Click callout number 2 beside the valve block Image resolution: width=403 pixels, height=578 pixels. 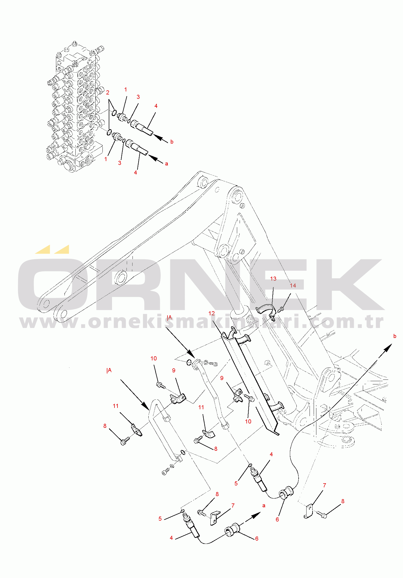(x=108, y=93)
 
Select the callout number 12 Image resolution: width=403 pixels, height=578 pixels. (x=211, y=313)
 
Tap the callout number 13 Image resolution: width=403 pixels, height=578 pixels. (x=273, y=278)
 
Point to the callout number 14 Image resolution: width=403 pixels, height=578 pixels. (x=293, y=286)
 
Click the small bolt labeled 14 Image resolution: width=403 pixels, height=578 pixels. (x=281, y=310)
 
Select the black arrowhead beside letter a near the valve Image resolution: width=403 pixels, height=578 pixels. (x=153, y=158)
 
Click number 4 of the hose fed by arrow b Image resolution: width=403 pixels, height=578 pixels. (x=156, y=106)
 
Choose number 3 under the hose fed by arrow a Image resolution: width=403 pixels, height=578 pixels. (x=120, y=163)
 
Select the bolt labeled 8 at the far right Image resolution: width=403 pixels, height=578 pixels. (x=323, y=515)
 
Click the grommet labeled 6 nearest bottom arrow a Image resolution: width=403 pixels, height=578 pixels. (x=232, y=529)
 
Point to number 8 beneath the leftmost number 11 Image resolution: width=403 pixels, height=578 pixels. (x=105, y=426)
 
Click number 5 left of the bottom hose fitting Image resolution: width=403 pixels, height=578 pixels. (x=160, y=519)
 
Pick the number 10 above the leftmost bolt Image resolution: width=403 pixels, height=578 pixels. (x=154, y=358)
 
